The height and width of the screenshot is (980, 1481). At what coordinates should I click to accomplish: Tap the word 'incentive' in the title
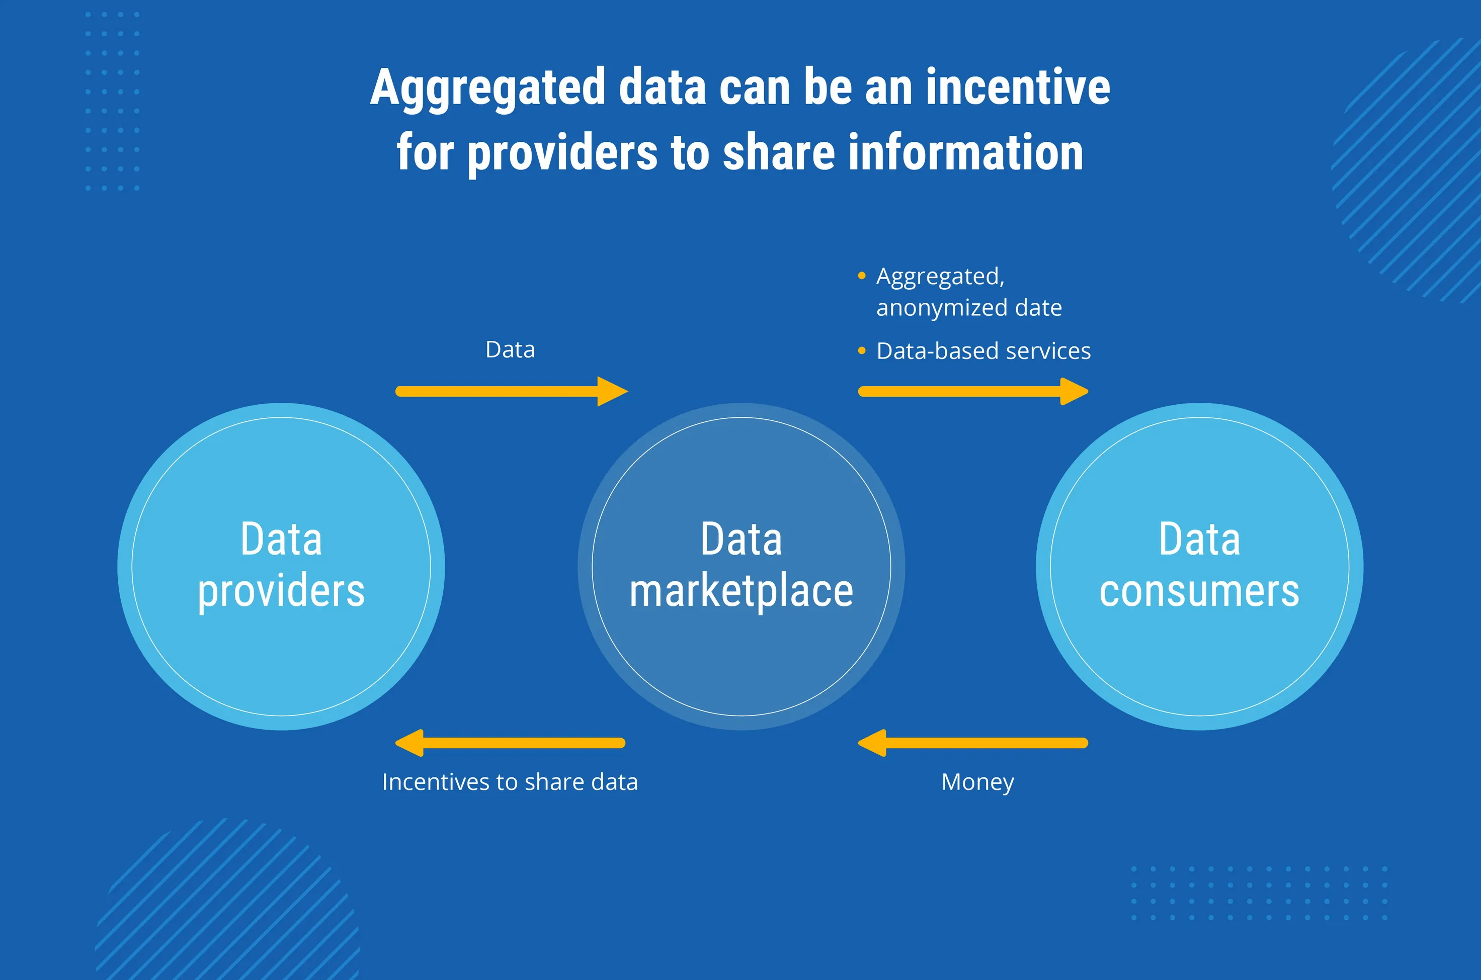1017,87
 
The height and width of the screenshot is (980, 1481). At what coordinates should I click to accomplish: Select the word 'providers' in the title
562,153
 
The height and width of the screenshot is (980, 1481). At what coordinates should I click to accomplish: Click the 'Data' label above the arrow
510,350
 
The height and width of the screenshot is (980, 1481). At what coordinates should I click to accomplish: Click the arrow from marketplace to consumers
973,392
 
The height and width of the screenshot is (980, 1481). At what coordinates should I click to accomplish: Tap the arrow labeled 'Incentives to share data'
510,743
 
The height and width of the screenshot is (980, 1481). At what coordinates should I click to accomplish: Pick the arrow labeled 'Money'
973,743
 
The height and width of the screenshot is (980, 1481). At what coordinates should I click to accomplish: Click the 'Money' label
978,782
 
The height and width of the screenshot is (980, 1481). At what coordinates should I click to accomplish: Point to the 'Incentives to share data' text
510,782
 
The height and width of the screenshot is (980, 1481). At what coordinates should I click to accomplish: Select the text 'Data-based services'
983,351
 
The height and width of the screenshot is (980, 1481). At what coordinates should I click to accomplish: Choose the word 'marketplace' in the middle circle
742,591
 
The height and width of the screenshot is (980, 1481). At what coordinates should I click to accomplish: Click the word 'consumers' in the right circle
1199,591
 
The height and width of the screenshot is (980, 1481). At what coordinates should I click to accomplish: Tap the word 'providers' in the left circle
281,591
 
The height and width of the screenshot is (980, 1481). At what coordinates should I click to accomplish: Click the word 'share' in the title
778,153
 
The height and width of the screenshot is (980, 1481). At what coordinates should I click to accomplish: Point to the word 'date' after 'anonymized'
1038,308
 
